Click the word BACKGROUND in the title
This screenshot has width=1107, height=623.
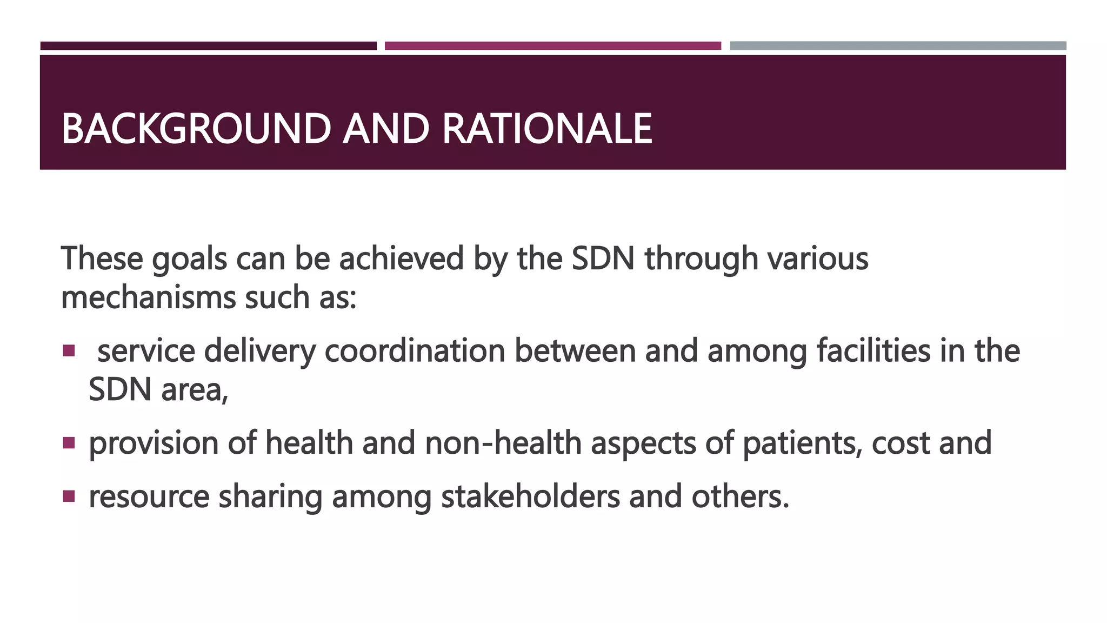point(196,129)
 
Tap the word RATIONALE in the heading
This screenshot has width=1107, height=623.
point(547,129)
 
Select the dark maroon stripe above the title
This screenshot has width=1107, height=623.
point(208,46)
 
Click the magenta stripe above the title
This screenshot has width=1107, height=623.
point(552,46)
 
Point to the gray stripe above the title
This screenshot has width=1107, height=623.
point(898,46)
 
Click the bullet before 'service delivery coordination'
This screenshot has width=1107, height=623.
point(69,351)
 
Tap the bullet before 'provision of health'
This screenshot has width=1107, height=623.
point(69,443)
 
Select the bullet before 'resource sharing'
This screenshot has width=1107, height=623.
point(69,496)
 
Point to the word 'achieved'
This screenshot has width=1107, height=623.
point(401,259)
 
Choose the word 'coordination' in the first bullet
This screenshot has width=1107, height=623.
point(415,351)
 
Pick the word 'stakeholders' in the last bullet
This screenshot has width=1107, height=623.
point(530,496)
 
